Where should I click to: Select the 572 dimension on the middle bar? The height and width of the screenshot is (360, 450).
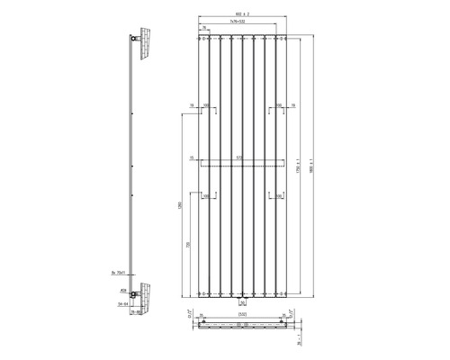click(x=238, y=159)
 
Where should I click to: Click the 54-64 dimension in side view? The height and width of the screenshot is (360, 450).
click(x=116, y=304)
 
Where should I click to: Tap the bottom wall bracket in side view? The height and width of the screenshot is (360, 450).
click(x=136, y=293)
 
